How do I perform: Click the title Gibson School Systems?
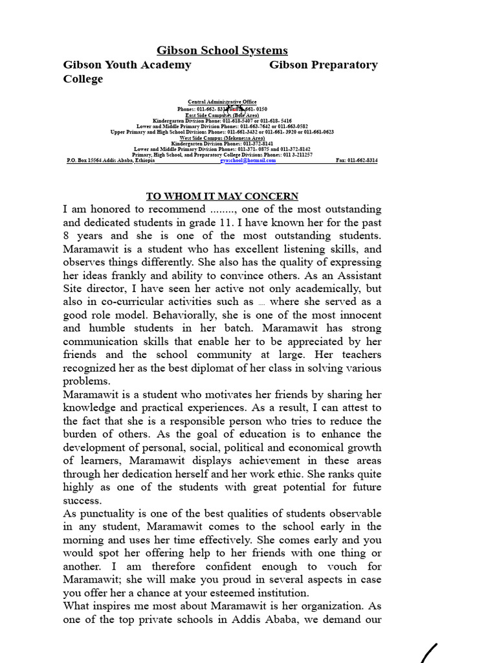tap(223, 51)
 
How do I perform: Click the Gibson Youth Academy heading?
tap(127, 65)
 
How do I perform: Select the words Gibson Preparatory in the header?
tap(323, 65)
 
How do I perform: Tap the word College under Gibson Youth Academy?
tap(83, 79)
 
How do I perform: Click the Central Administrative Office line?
tap(222, 102)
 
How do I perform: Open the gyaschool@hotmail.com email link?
tap(248, 161)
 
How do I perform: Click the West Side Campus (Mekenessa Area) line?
tap(222, 138)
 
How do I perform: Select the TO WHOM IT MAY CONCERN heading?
tap(222, 196)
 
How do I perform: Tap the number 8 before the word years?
tap(66, 236)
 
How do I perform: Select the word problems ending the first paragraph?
tap(85, 381)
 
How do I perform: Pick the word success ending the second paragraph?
tap(82, 500)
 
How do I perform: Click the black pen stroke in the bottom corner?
tap(429, 653)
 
